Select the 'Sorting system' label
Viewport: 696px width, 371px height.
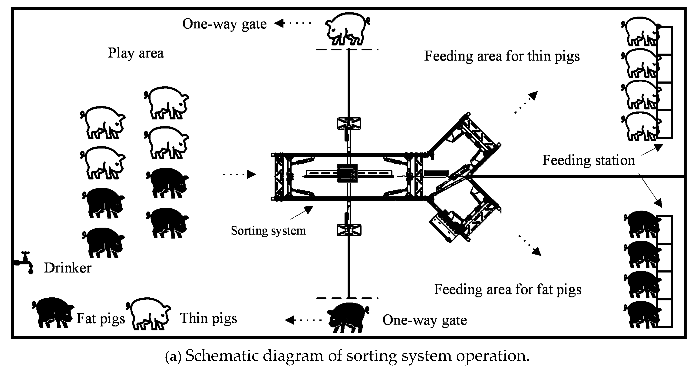(268, 231)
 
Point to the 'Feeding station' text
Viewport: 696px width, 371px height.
(588, 160)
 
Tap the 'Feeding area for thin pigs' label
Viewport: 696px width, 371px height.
(502, 56)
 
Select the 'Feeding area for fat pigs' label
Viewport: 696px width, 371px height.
(507, 289)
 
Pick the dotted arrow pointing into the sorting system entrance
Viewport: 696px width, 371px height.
(239, 174)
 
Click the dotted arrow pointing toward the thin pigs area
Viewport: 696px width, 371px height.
(525, 103)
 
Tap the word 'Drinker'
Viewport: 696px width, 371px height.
(68, 268)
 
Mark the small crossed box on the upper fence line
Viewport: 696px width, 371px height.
(349, 123)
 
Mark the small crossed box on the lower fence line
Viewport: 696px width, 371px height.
(349, 230)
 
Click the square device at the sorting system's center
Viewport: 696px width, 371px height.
(347, 173)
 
